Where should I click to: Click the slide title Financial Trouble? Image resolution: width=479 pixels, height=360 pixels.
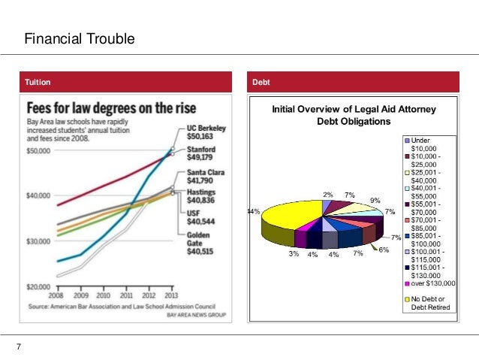pyautogui.click(x=79, y=38)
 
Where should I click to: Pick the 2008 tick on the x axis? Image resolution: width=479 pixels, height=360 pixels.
pyautogui.click(x=57, y=295)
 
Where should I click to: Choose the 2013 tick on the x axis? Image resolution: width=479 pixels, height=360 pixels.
pyautogui.click(x=171, y=295)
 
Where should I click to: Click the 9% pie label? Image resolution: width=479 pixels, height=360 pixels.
pyautogui.click(x=375, y=201)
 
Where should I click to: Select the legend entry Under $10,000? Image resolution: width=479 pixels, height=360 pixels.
pyautogui.click(x=425, y=144)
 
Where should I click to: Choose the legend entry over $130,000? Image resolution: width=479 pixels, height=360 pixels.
pyautogui.click(x=429, y=283)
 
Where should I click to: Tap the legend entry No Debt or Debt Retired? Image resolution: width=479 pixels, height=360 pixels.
pyautogui.click(x=429, y=304)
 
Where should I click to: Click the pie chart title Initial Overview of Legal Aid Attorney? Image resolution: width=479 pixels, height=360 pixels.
pyautogui.click(x=353, y=109)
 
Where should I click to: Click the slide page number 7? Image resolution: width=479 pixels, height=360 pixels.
pyautogui.click(x=17, y=346)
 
